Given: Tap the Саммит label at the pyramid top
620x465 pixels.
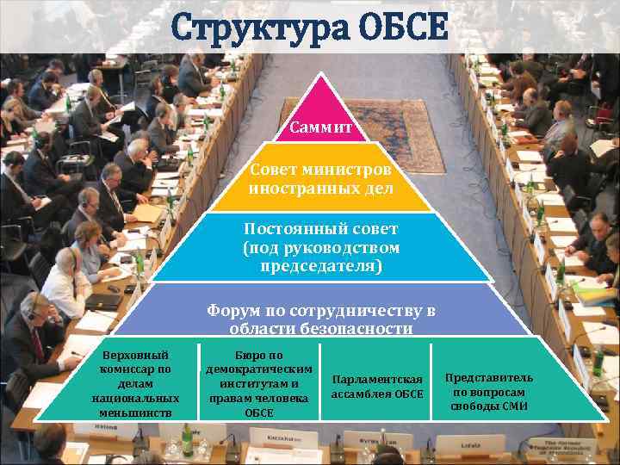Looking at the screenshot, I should point(321,128).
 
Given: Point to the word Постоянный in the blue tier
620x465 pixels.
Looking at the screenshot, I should point(284,230).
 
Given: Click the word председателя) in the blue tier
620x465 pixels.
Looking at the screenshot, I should point(321,266).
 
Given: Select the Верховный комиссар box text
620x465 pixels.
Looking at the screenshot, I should point(135,383).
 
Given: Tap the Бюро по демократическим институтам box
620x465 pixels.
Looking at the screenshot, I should point(258,383).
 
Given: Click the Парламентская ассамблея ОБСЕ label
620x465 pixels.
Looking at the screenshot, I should point(377,387).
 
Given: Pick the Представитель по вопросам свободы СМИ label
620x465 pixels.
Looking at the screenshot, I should point(489,391).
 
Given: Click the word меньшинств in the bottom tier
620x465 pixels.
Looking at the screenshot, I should point(135,412).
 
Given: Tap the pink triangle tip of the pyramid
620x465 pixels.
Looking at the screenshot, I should point(321,95).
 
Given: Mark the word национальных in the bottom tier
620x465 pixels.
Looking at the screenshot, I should point(135,398).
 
